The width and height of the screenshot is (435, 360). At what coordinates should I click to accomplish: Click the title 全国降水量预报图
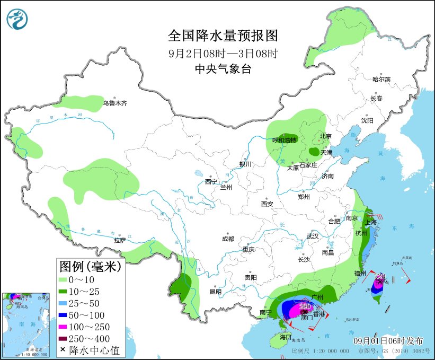223,36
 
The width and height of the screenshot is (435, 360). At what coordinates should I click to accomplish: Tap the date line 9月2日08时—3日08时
223,53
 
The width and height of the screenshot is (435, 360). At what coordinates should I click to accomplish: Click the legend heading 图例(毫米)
90,266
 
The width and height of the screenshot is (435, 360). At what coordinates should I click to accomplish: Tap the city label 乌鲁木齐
115,103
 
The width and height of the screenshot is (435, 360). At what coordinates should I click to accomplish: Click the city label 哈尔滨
380,79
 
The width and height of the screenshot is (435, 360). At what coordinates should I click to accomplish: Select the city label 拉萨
120,240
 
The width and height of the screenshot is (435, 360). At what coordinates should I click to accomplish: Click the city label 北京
325,136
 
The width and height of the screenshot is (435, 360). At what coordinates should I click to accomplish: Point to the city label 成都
228,239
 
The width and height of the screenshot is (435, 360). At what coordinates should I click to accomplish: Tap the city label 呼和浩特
285,140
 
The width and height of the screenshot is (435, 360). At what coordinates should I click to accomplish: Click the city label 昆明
215,291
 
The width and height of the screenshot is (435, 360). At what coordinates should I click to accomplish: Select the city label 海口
286,337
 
